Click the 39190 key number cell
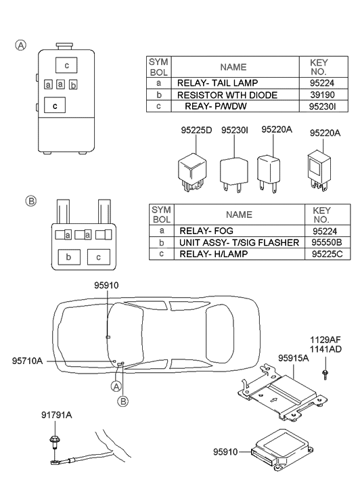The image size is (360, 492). (x=323, y=95)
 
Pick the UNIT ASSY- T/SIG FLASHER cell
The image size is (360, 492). (x=239, y=242)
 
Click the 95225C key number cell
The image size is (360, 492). (x=328, y=254)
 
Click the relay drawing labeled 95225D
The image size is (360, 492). (x=192, y=172)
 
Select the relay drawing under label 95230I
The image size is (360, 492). (x=234, y=175)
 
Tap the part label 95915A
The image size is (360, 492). (x=293, y=358)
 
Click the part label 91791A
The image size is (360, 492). (x=56, y=415)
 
